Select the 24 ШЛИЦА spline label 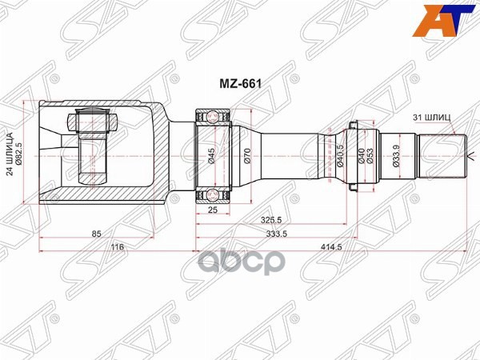pos(10,152)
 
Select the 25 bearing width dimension pos(213,211)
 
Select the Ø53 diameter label pos(371,154)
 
